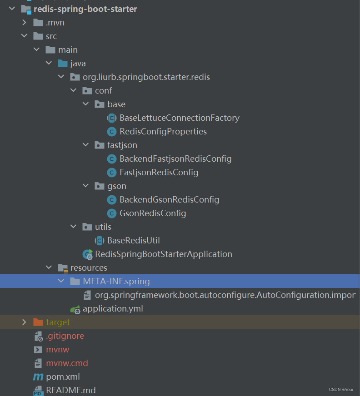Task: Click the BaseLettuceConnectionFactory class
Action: pos(179,118)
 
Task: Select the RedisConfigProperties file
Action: pos(163,132)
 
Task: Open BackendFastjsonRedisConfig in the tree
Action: pos(175,159)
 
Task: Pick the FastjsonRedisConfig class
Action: pos(159,173)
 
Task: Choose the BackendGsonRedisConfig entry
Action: pos(169,200)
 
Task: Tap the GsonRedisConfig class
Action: pos(153,213)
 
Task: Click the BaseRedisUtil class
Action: pos(133,241)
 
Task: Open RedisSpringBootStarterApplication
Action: pos(163,254)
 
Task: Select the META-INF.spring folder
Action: pos(116,282)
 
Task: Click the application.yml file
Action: pos(113,309)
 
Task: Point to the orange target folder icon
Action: pos(38,322)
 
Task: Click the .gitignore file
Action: pos(65,336)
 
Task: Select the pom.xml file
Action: pos(63,377)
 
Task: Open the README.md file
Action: pos(70,391)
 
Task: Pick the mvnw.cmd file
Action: pos(67,363)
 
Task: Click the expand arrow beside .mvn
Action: pos(25,23)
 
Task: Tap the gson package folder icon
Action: pos(99,186)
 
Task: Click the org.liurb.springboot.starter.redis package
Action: pos(146,77)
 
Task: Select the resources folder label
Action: pos(89,268)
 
